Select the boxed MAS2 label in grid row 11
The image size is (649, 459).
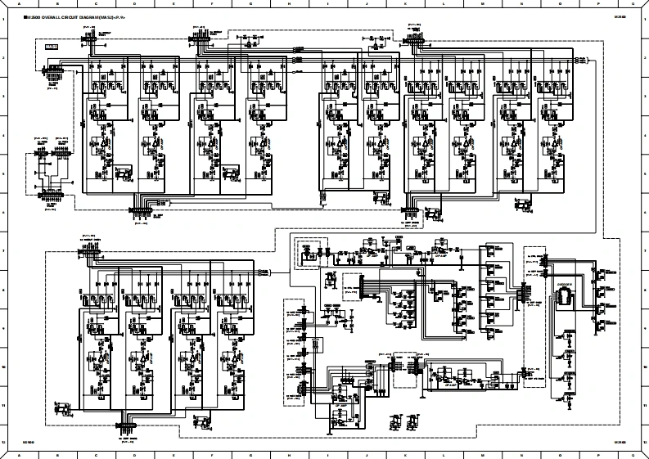[61, 403]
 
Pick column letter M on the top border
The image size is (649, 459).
[482, 5]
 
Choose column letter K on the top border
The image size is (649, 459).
[406, 5]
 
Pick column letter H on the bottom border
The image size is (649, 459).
[291, 453]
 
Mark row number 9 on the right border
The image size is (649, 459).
[645, 328]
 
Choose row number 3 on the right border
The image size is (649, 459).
[645, 97]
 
